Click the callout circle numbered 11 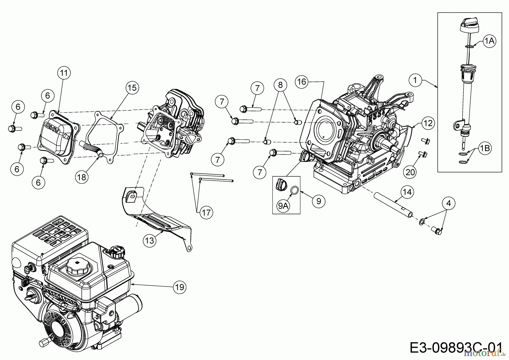(x=64, y=73)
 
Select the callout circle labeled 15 (x=132, y=87)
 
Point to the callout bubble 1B (x=485, y=148)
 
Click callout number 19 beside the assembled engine (x=180, y=287)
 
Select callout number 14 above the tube (x=407, y=192)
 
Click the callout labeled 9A (x=283, y=206)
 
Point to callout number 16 (x=302, y=82)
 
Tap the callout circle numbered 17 (x=206, y=212)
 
